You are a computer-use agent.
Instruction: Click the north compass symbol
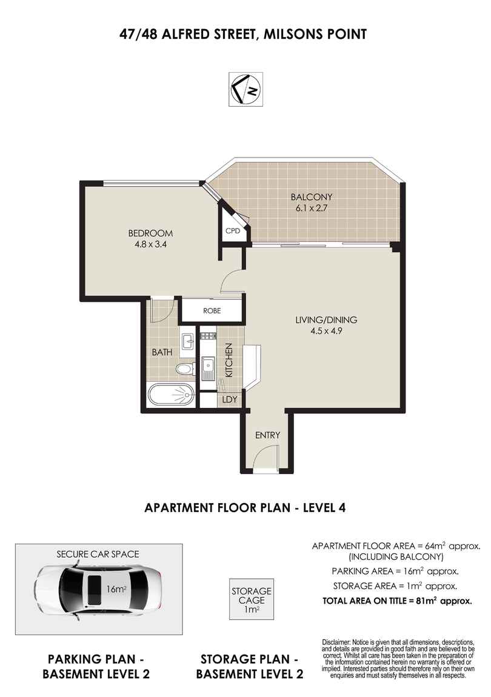[245, 89]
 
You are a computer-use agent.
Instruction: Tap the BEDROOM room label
[150, 233]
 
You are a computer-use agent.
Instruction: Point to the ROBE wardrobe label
[212, 311]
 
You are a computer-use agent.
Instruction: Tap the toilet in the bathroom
[184, 369]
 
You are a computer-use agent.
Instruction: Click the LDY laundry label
[229, 400]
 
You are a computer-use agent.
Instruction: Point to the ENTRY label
[267, 435]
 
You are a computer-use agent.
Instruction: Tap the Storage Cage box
[251, 599]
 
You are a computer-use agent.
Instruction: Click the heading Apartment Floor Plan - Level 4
[245, 508]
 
